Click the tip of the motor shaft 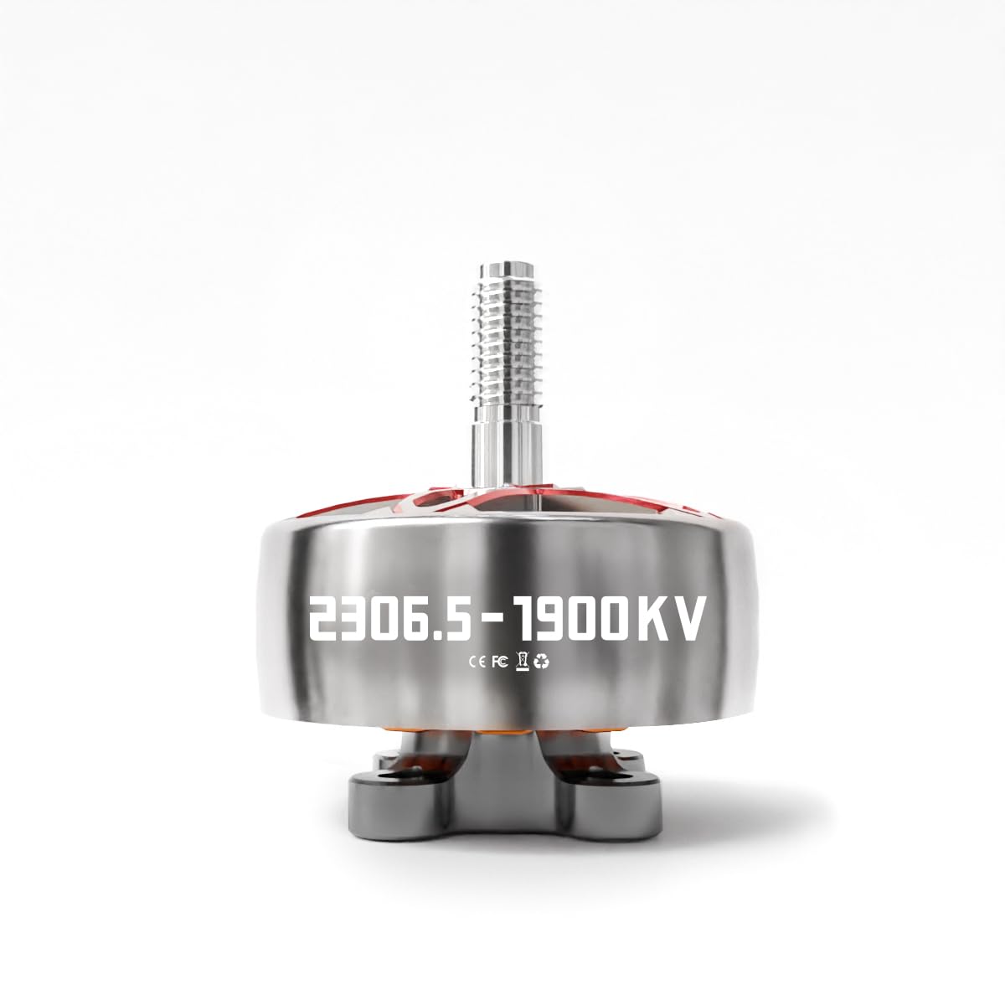pos(507,264)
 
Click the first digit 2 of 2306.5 pos(327,619)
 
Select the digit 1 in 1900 pos(524,619)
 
